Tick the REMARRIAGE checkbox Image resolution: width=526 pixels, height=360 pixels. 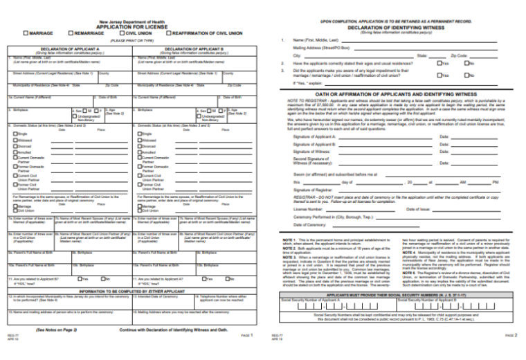[x=71, y=33]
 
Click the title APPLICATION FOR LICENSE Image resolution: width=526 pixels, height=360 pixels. [x=131, y=27]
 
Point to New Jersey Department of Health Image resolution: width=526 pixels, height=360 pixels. [x=131, y=22]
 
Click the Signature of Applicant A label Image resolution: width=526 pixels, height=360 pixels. [x=314, y=137]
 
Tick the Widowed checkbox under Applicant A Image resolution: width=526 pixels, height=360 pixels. [x=11, y=140]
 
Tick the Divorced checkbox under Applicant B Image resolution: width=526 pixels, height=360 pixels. [x=140, y=147]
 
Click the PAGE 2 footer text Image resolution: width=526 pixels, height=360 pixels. [x=511, y=335]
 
